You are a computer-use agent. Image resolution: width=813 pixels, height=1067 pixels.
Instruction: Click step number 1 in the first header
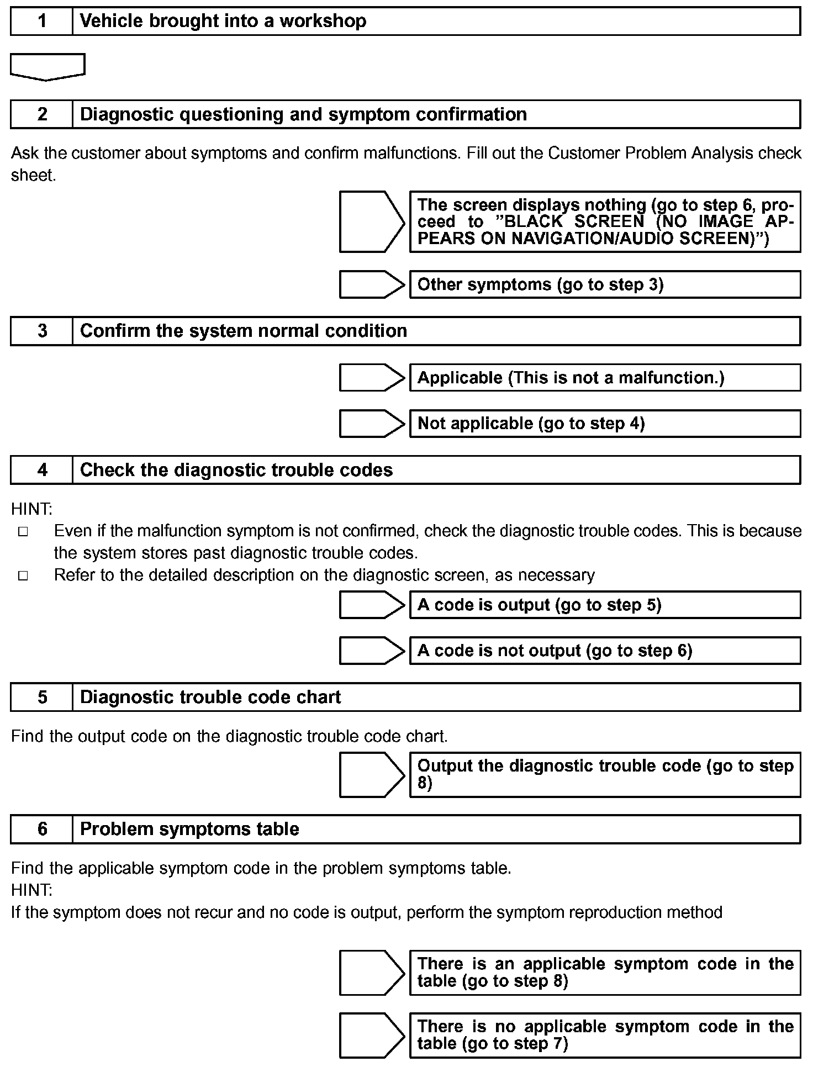[x=42, y=22]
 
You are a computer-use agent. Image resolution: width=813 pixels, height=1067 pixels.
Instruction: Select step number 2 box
[x=42, y=114]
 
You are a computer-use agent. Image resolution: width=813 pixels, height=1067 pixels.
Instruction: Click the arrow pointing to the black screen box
[x=372, y=222]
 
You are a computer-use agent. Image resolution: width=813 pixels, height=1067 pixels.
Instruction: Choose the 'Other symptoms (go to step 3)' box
[x=605, y=284]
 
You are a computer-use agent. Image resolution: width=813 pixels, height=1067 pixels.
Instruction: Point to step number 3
[x=42, y=331]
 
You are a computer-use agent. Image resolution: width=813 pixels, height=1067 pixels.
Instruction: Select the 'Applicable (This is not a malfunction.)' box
[x=605, y=378]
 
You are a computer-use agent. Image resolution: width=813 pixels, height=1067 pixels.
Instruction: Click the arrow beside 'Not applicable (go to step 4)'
[x=372, y=424]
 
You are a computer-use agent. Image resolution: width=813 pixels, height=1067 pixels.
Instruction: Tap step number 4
[x=42, y=470]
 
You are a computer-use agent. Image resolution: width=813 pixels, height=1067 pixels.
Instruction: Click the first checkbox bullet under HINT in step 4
[x=23, y=532]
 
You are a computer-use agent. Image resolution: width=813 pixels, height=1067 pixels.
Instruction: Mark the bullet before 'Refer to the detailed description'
[x=23, y=576]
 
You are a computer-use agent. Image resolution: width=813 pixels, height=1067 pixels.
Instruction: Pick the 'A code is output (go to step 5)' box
[x=605, y=605]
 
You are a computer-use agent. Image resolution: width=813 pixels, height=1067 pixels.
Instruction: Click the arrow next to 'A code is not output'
[x=372, y=651]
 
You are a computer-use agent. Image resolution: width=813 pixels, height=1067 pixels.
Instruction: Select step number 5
[x=42, y=698]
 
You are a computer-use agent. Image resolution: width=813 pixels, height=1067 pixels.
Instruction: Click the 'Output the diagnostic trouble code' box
[x=605, y=774]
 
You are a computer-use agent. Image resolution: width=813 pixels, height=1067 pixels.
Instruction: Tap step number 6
[x=42, y=829]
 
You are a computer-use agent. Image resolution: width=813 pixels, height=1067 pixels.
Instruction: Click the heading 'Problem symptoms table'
[x=189, y=829]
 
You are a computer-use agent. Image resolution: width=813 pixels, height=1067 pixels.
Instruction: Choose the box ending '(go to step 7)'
[x=605, y=1035]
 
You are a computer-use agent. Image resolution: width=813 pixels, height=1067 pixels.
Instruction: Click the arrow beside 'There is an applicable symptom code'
[x=372, y=973]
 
